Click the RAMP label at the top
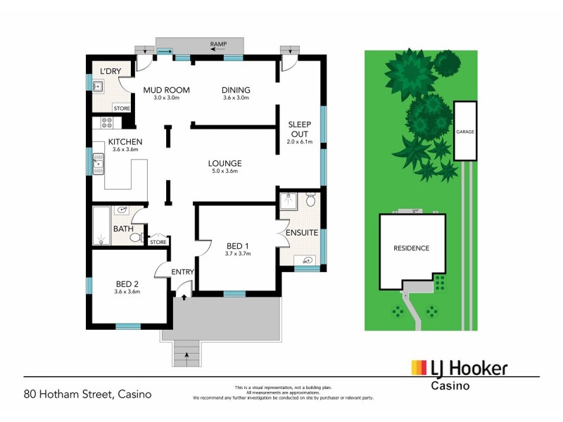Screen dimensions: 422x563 coord(218,45)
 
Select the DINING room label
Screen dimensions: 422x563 coord(236,90)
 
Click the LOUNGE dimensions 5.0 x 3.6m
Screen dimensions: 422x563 coord(225,171)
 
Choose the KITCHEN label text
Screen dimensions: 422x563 coord(125,141)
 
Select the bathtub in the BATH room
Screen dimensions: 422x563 coord(101,226)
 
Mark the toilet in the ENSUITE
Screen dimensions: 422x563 coord(310,201)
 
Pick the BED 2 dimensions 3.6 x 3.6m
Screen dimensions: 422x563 coord(128,292)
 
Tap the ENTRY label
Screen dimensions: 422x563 coord(183,271)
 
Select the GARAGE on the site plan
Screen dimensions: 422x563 coord(464,131)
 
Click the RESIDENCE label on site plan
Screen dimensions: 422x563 coord(411,248)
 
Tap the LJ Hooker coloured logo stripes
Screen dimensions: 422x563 coord(419,368)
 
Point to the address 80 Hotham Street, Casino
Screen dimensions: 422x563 coord(88,394)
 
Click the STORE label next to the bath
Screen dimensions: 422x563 coord(158,243)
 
